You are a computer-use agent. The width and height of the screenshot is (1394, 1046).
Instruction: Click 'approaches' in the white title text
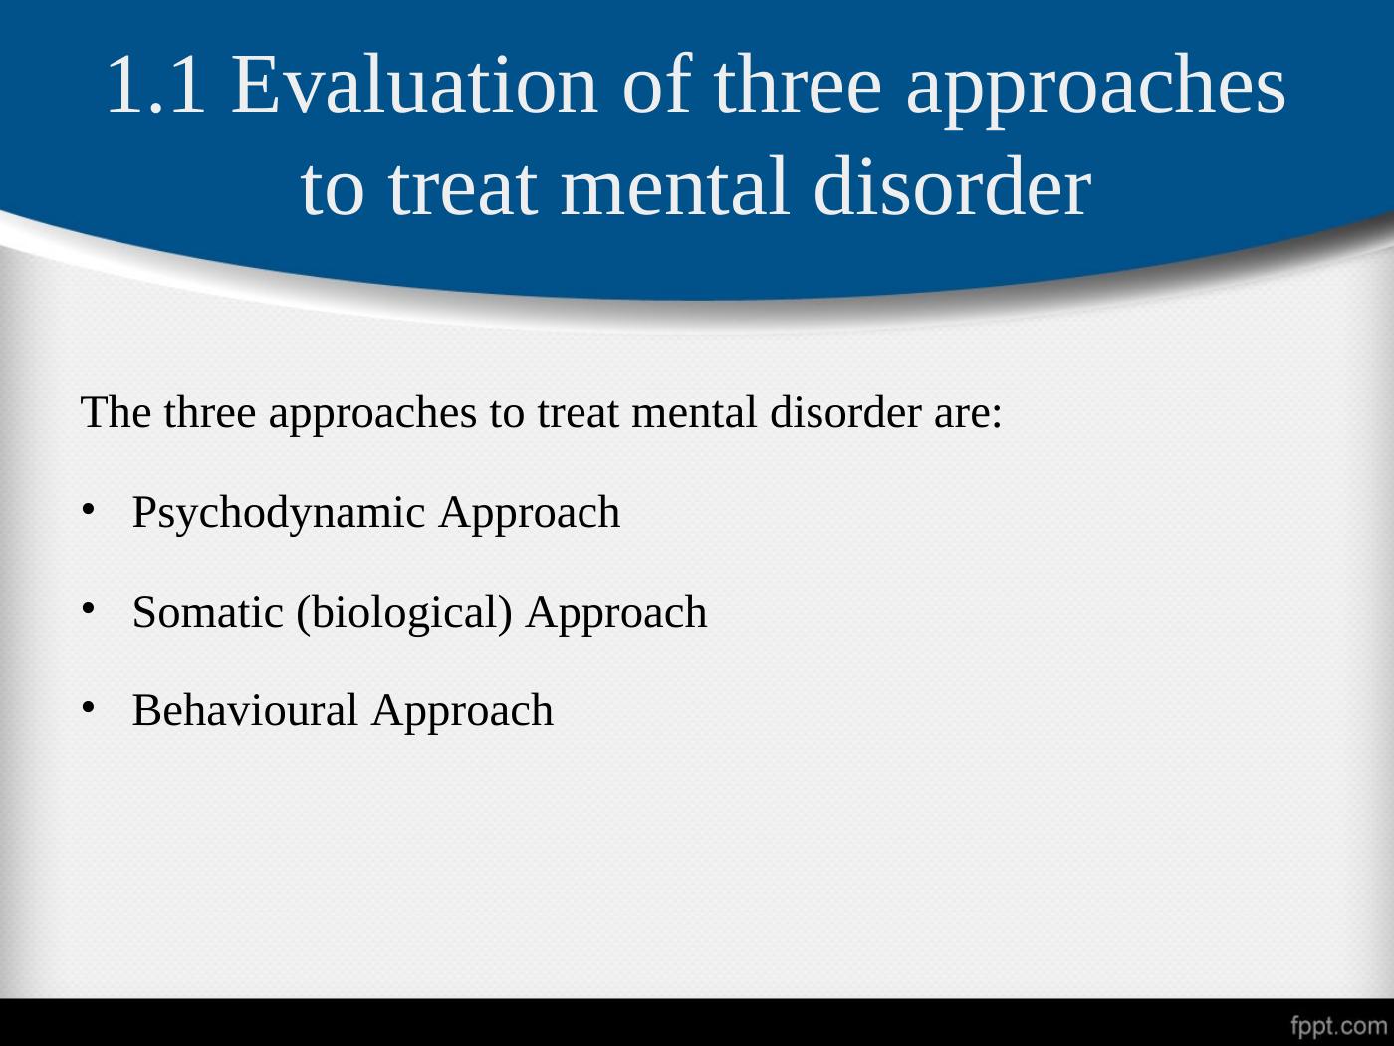[x=1095, y=89]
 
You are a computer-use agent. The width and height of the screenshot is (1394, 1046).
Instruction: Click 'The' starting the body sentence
[x=116, y=412]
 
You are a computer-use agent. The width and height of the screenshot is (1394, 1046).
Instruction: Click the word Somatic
[x=208, y=613]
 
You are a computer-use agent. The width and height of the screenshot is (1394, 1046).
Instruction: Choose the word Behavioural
[x=245, y=710]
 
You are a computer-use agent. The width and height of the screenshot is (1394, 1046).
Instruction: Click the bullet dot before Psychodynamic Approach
[x=88, y=509]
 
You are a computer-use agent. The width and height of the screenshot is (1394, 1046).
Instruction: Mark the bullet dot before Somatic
[x=88, y=609]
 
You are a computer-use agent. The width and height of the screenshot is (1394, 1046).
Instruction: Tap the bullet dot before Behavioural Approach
[x=88, y=707]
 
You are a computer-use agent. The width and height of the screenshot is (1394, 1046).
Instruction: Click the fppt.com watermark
[x=1338, y=1026]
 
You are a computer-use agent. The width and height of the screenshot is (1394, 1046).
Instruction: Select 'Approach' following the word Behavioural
[x=462, y=712]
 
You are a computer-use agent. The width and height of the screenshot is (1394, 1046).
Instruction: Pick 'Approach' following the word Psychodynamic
[x=529, y=514]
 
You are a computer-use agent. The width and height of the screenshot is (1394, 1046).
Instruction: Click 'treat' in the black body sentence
[x=578, y=414]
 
